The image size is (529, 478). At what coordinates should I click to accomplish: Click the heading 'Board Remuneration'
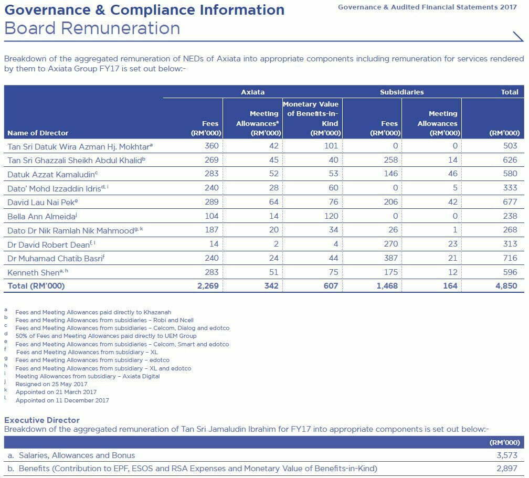click(92, 28)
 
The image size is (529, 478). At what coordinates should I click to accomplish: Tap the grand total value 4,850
click(506, 286)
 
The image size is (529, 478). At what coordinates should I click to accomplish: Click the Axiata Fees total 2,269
click(208, 286)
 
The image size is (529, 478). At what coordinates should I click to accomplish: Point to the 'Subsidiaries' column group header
click(402, 92)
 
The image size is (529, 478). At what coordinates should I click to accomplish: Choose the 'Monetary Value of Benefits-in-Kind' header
click(312, 119)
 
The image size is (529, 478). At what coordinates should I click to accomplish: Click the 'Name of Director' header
click(38, 133)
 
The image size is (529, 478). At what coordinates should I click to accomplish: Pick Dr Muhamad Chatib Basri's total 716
click(510, 258)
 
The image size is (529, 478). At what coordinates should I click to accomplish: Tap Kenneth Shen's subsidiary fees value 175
click(390, 272)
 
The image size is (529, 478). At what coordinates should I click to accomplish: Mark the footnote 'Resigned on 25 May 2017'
click(51, 384)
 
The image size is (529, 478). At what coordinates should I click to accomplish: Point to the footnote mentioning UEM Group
click(106, 336)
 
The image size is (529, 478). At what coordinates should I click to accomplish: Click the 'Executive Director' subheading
click(42, 420)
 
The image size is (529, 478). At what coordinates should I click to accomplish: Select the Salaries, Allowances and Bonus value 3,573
click(507, 455)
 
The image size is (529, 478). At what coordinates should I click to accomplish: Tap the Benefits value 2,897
click(507, 469)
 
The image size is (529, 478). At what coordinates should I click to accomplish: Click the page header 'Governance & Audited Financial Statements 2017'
click(427, 7)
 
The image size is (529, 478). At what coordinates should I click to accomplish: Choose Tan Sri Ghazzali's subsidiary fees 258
click(390, 160)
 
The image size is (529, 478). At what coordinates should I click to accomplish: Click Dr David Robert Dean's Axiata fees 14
click(214, 244)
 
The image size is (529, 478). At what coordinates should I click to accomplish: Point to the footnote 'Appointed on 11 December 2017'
click(62, 400)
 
